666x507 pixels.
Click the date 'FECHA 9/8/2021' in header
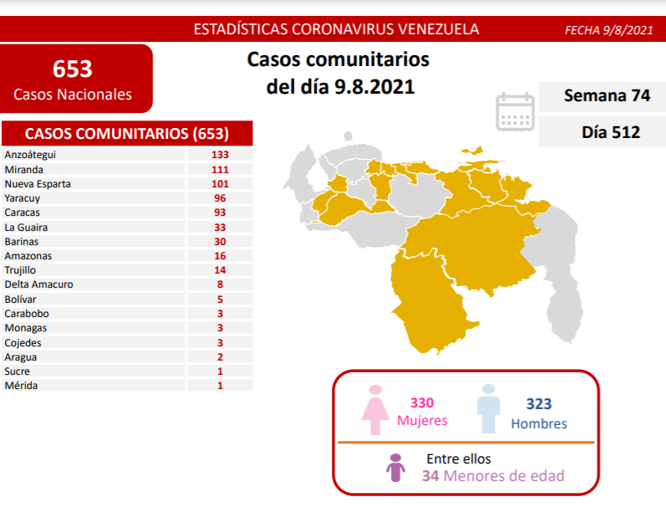[x=608, y=30]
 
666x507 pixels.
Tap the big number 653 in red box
[x=73, y=69]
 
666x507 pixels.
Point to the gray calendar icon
[x=515, y=111]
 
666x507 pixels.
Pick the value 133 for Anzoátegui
[x=221, y=155]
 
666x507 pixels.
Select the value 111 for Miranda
[x=221, y=169]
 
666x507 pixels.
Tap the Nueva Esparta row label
[x=38, y=183]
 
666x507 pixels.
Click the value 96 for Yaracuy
[x=221, y=197]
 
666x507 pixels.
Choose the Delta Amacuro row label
[x=38, y=284]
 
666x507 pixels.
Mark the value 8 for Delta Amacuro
[x=221, y=284]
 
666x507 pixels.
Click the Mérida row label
[x=21, y=386]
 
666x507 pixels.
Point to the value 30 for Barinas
[x=221, y=241]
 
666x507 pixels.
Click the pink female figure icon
[x=374, y=409]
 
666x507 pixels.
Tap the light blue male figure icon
[x=487, y=409]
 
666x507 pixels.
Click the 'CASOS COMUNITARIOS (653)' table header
[x=127, y=134]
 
